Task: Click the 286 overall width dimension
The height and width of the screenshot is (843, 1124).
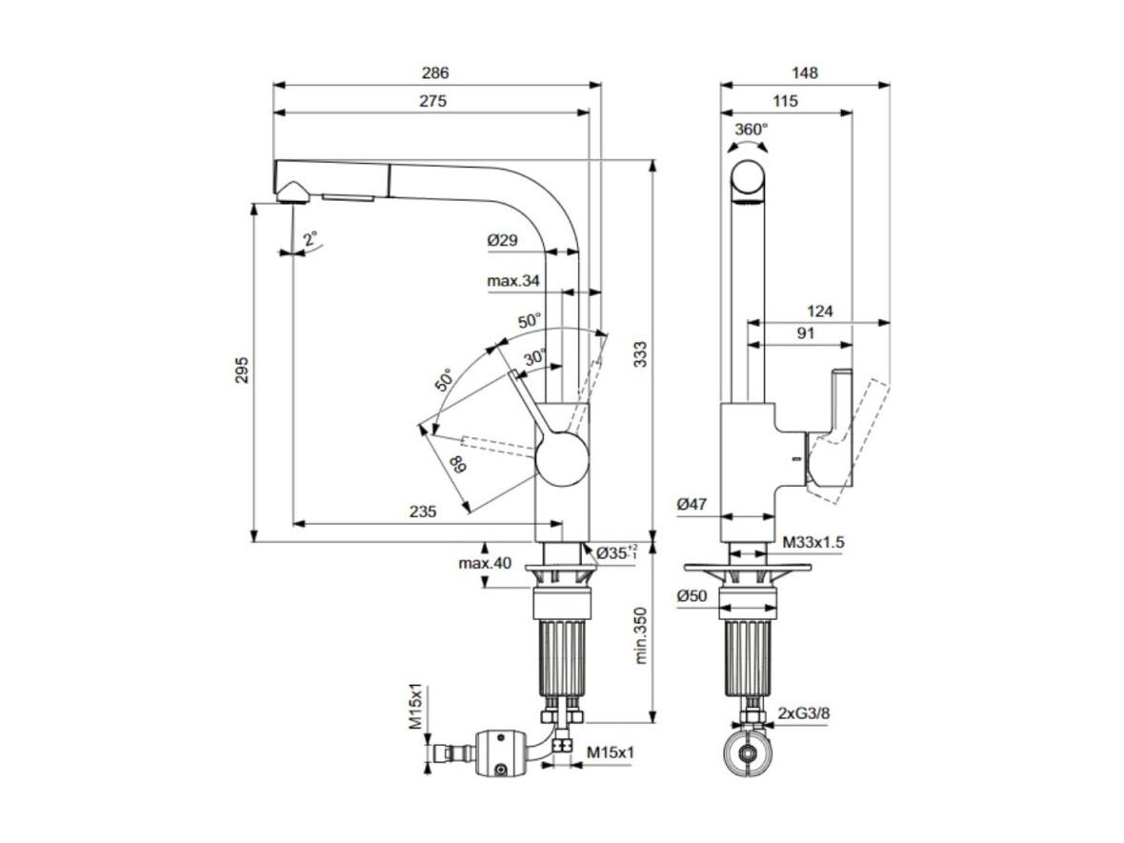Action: [x=435, y=72]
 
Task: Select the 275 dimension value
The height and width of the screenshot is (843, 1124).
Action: [x=433, y=101]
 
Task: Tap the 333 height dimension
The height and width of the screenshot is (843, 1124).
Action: [x=640, y=355]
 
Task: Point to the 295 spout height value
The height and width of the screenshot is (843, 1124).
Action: [x=242, y=370]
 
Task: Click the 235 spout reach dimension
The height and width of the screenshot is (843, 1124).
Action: [x=423, y=512]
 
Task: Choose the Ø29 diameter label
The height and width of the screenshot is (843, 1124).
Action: [x=503, y=241]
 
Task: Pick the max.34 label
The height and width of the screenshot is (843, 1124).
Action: [x=513, y=281]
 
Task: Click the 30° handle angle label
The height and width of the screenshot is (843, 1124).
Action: [x=534, y=356]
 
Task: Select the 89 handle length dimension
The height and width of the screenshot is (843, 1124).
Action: [x=457, y=464]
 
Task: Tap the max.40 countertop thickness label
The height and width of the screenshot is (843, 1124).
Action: [x=485, y=564]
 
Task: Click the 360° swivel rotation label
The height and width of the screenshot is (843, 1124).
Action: [x=752, y=129]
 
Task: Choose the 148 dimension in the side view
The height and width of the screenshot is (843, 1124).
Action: [x=805, y=72]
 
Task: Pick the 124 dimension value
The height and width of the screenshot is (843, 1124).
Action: [x=820, y=311]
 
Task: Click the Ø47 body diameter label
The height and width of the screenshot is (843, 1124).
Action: [x=692, y=505]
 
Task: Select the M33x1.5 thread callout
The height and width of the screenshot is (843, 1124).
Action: [x=813, y=542]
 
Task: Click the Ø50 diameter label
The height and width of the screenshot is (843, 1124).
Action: [x=692, y=595]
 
